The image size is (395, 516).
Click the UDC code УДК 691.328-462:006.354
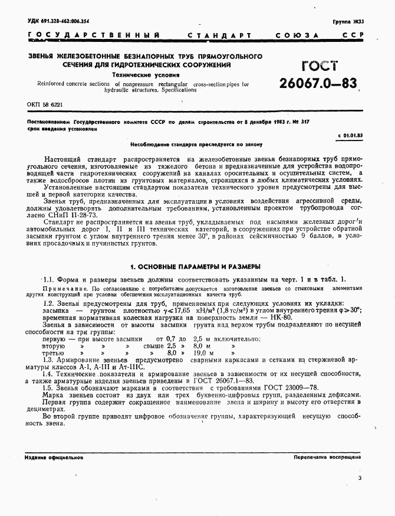58,21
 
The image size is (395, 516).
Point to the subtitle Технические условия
135,76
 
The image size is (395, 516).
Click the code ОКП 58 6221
45,104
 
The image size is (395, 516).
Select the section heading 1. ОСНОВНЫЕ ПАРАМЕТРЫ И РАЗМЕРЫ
195,266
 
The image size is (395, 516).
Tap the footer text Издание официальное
54,458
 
